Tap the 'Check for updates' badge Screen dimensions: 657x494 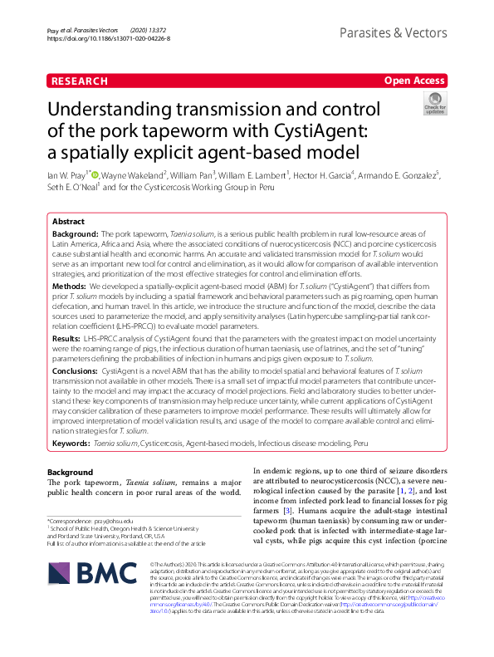(x=434, y=103)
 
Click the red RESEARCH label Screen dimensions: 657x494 (x=80, y=81)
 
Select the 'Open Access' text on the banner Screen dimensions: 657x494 (x=415, y=81)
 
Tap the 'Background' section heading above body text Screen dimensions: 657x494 (x=69, y=472)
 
